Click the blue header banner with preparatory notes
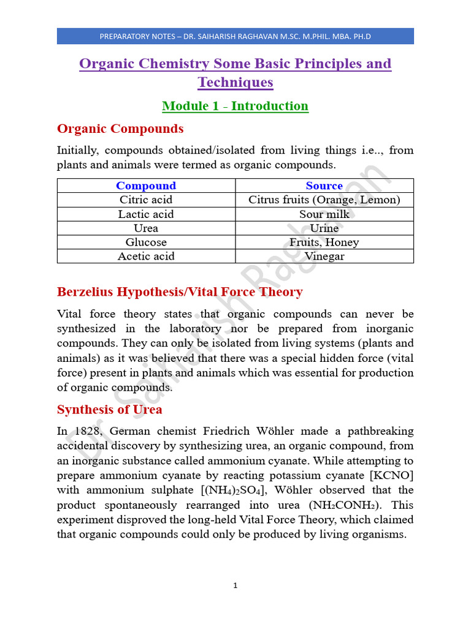235,36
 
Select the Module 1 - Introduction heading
235,106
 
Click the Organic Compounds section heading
120,129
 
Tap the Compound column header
146,186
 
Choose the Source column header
324,186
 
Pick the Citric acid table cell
146,200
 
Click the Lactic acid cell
146,214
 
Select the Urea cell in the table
146,228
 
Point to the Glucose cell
146,242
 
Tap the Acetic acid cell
146,256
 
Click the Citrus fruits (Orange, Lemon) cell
324,200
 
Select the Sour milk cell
324,214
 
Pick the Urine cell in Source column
324,228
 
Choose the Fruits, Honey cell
324,242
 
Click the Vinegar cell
324,256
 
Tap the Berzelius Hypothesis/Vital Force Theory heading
180,291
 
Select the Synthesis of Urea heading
110,409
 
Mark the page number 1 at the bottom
235,586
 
